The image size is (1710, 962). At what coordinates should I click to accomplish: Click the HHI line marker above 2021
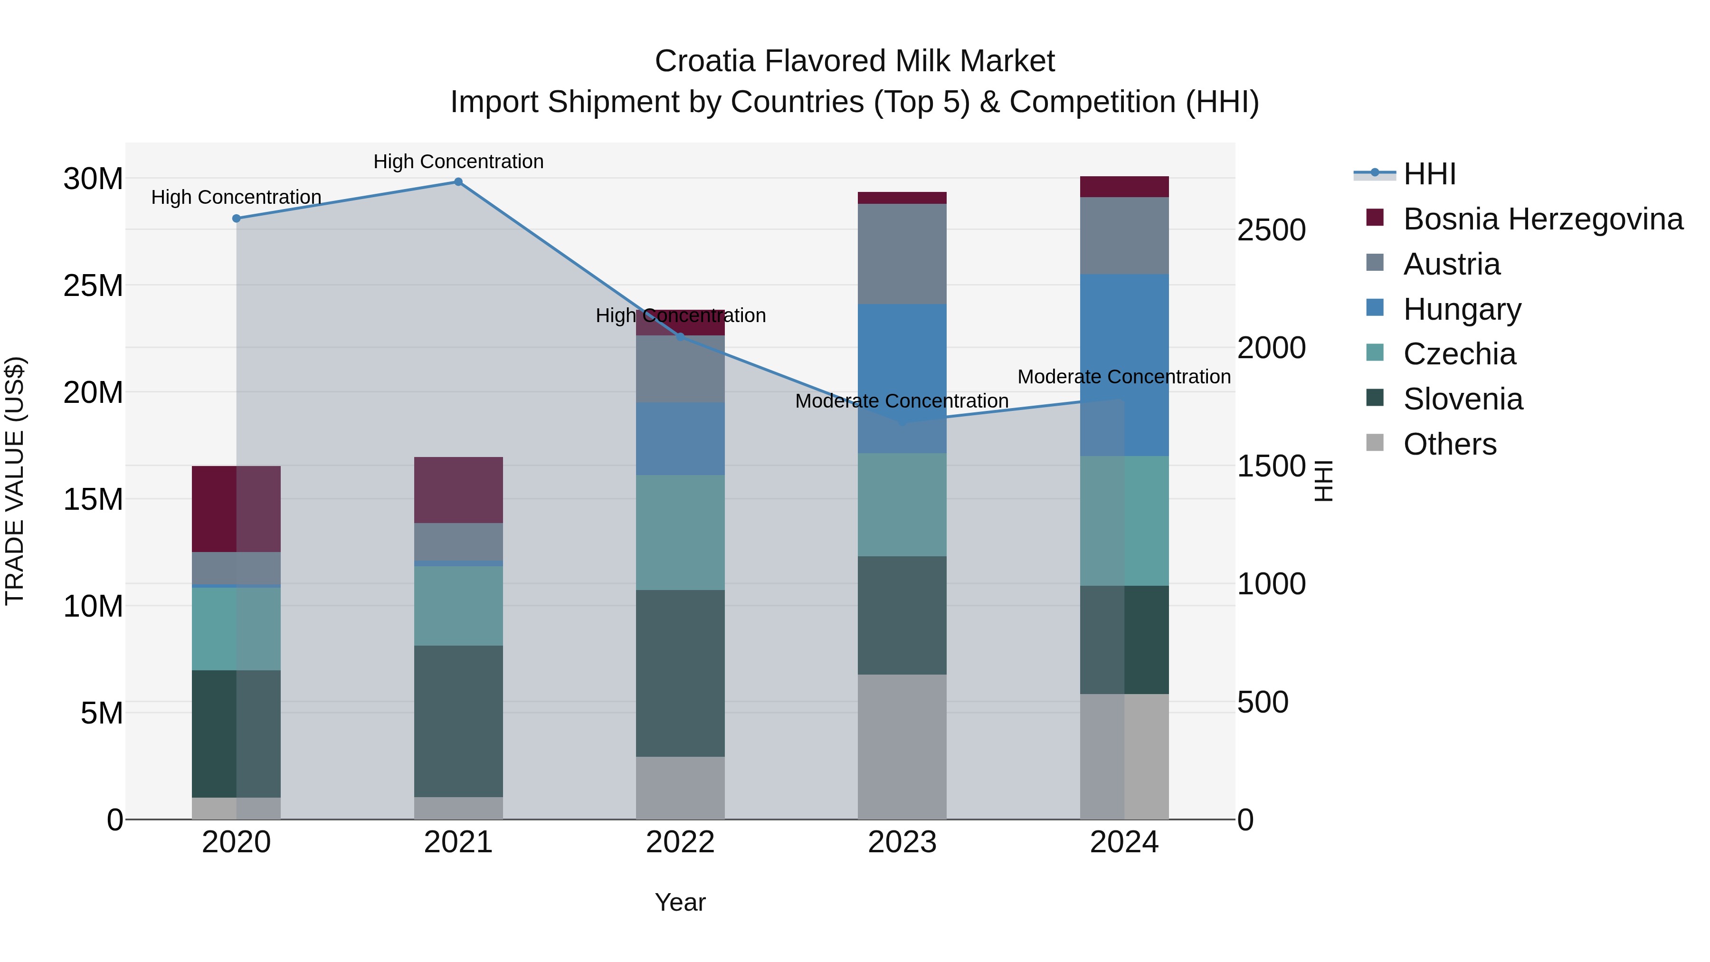click(x=458, y=182)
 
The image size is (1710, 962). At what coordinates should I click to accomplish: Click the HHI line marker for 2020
click(x=237, y=219)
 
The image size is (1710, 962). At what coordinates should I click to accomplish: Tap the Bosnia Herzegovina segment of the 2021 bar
click(x=458, y=490)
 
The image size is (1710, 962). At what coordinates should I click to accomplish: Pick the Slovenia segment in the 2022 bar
click(x=680, y=673)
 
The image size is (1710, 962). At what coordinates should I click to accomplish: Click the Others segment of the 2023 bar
click(x=902, y=746)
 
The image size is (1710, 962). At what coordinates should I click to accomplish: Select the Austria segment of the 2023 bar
click(x=902, y=254)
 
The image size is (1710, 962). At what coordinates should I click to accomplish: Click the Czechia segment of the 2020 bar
click(x=237, y=628)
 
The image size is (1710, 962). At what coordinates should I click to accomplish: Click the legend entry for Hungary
click(x=1461, y=309)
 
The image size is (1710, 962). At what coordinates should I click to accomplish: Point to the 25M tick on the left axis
click(x=93, y=286)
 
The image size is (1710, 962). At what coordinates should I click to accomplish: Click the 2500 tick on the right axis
click(x=1271, y=230)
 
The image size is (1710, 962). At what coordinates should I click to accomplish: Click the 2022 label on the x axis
click(x=680, y=842)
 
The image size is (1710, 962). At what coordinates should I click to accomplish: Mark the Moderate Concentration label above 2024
click(x=1124, y=376)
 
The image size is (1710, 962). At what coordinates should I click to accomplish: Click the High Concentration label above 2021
click(x=458, y=162)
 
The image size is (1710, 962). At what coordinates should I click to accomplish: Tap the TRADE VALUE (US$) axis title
click(x=15, y=481)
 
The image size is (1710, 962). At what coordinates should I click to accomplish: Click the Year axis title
click(x=680, y=902)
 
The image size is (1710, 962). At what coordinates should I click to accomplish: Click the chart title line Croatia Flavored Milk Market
click(x=855, y=61)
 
